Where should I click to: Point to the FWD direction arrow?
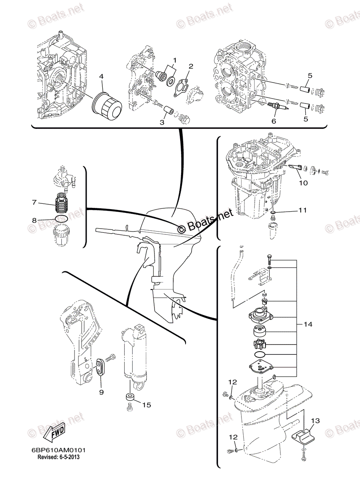coord(54,433)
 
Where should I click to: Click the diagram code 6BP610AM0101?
coord(58,450)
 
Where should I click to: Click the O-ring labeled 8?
coord(61,219)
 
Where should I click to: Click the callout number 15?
coord(147,405)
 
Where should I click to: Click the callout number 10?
coord(303,182)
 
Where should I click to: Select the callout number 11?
coord(302,211)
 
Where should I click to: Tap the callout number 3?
coord(162,123)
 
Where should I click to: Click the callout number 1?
coord(174,60)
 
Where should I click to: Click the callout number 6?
coord(273,121)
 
